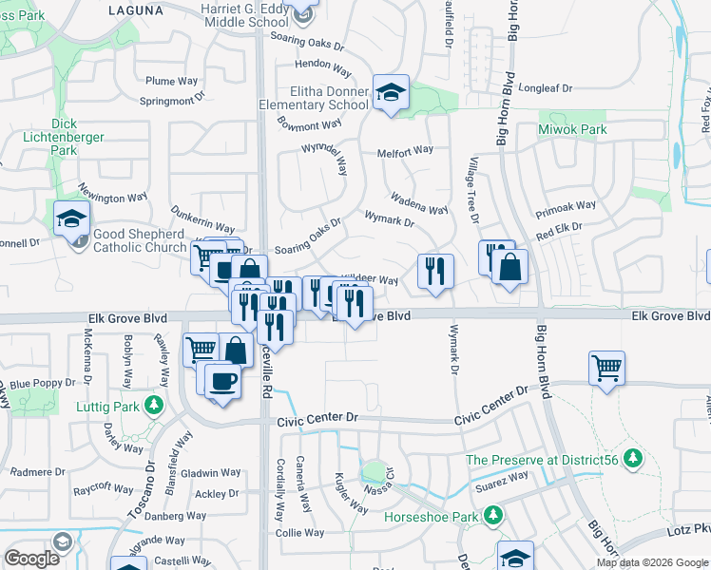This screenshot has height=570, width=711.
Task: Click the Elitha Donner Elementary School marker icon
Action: tap(391, 92)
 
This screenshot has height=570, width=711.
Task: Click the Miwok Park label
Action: tap(572, 129)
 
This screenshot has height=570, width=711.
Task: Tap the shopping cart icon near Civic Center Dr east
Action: tap(606, 367)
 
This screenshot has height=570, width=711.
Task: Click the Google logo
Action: tap(31, 559)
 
